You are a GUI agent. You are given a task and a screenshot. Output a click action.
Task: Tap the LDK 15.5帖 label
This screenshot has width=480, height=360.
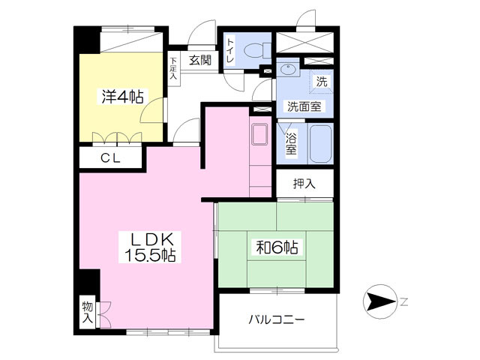[x=150, y=247]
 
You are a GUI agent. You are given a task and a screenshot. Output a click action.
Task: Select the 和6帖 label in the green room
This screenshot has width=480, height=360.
[x=277, y=247]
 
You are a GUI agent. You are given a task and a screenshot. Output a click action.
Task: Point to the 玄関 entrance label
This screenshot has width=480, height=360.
[x=200, y=60]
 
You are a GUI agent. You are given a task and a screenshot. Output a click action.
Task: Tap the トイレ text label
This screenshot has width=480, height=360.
[x=231, y=50]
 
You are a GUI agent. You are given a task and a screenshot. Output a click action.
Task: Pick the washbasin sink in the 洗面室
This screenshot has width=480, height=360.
[x=288, y=70]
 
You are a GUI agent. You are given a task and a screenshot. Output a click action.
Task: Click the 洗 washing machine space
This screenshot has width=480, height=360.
[x=322, y=81]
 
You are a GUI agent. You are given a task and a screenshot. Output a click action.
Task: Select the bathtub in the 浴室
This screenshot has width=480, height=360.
[x=320, y=143]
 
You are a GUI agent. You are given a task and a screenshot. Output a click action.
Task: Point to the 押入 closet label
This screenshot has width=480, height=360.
[x=304, y=183]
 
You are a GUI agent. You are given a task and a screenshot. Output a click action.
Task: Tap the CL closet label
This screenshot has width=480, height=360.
[x=111, y=158]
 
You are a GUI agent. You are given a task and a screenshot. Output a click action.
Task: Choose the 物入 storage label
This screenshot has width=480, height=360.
[x=87, y=312]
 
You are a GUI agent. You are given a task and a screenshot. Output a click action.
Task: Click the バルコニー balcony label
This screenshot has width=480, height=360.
[x=277, y=320]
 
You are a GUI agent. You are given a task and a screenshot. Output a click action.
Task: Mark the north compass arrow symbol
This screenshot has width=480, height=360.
[x=379, y=301]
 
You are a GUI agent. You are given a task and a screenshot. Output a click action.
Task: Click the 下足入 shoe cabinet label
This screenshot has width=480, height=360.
[x=173, y=68]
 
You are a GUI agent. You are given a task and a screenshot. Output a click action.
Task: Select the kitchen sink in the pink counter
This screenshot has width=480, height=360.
[x=259, y=134]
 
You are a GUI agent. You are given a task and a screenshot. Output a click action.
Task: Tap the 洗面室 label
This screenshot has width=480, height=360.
[x=304, y=106]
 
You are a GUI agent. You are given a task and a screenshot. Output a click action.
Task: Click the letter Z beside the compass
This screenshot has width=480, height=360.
[x=403, y=302]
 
